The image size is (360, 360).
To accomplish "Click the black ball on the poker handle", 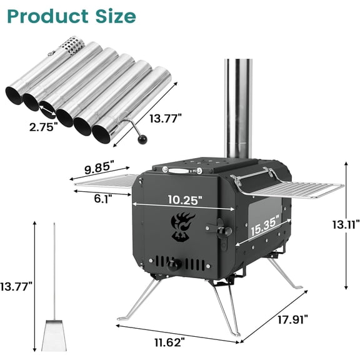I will pos(143,138).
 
